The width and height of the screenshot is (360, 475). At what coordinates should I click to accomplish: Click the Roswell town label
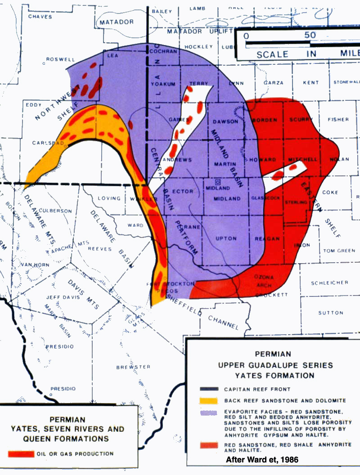point(60,59)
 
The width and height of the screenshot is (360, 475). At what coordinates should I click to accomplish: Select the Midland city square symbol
point(217,183)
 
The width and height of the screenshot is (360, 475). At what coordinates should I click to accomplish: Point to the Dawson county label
point(225,121)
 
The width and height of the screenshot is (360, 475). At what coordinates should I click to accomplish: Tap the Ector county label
point(183,191)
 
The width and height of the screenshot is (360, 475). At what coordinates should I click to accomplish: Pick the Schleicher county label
point(330,282)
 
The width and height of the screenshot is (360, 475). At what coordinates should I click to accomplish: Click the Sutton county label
point(330,313)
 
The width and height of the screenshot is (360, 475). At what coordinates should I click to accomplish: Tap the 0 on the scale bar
point(246,35)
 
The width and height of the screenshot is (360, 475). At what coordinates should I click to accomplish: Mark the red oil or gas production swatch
point(21,454)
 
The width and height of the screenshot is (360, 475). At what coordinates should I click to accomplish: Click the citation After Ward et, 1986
point(262,460)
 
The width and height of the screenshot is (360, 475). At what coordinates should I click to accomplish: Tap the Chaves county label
point(40,17)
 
